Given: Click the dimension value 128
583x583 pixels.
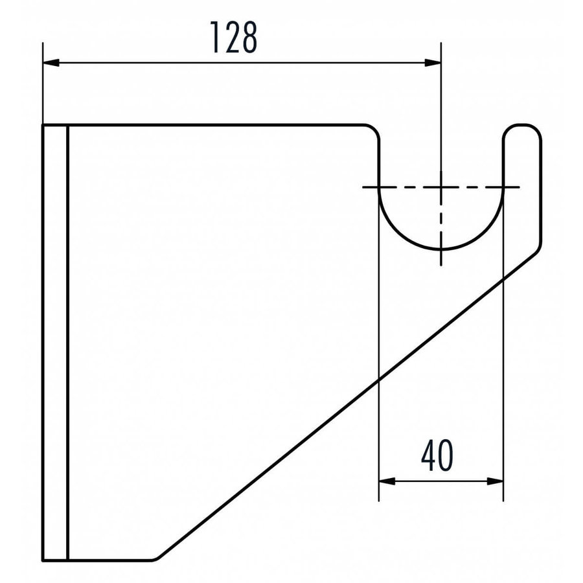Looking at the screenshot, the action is coord(233,37).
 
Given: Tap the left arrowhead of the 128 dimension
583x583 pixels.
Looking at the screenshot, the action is coord(51,62).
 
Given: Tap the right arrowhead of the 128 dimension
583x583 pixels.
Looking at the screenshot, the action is coord(433,62).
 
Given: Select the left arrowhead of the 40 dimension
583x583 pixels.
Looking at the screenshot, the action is coord(387,481).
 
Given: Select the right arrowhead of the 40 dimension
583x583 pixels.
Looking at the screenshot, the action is coord(496,481).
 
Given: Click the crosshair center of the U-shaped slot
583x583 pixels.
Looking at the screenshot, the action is coord(441,187).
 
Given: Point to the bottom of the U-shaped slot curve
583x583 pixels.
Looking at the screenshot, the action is coord(441,248).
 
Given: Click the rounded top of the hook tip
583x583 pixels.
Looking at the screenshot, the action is coord(522,126).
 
